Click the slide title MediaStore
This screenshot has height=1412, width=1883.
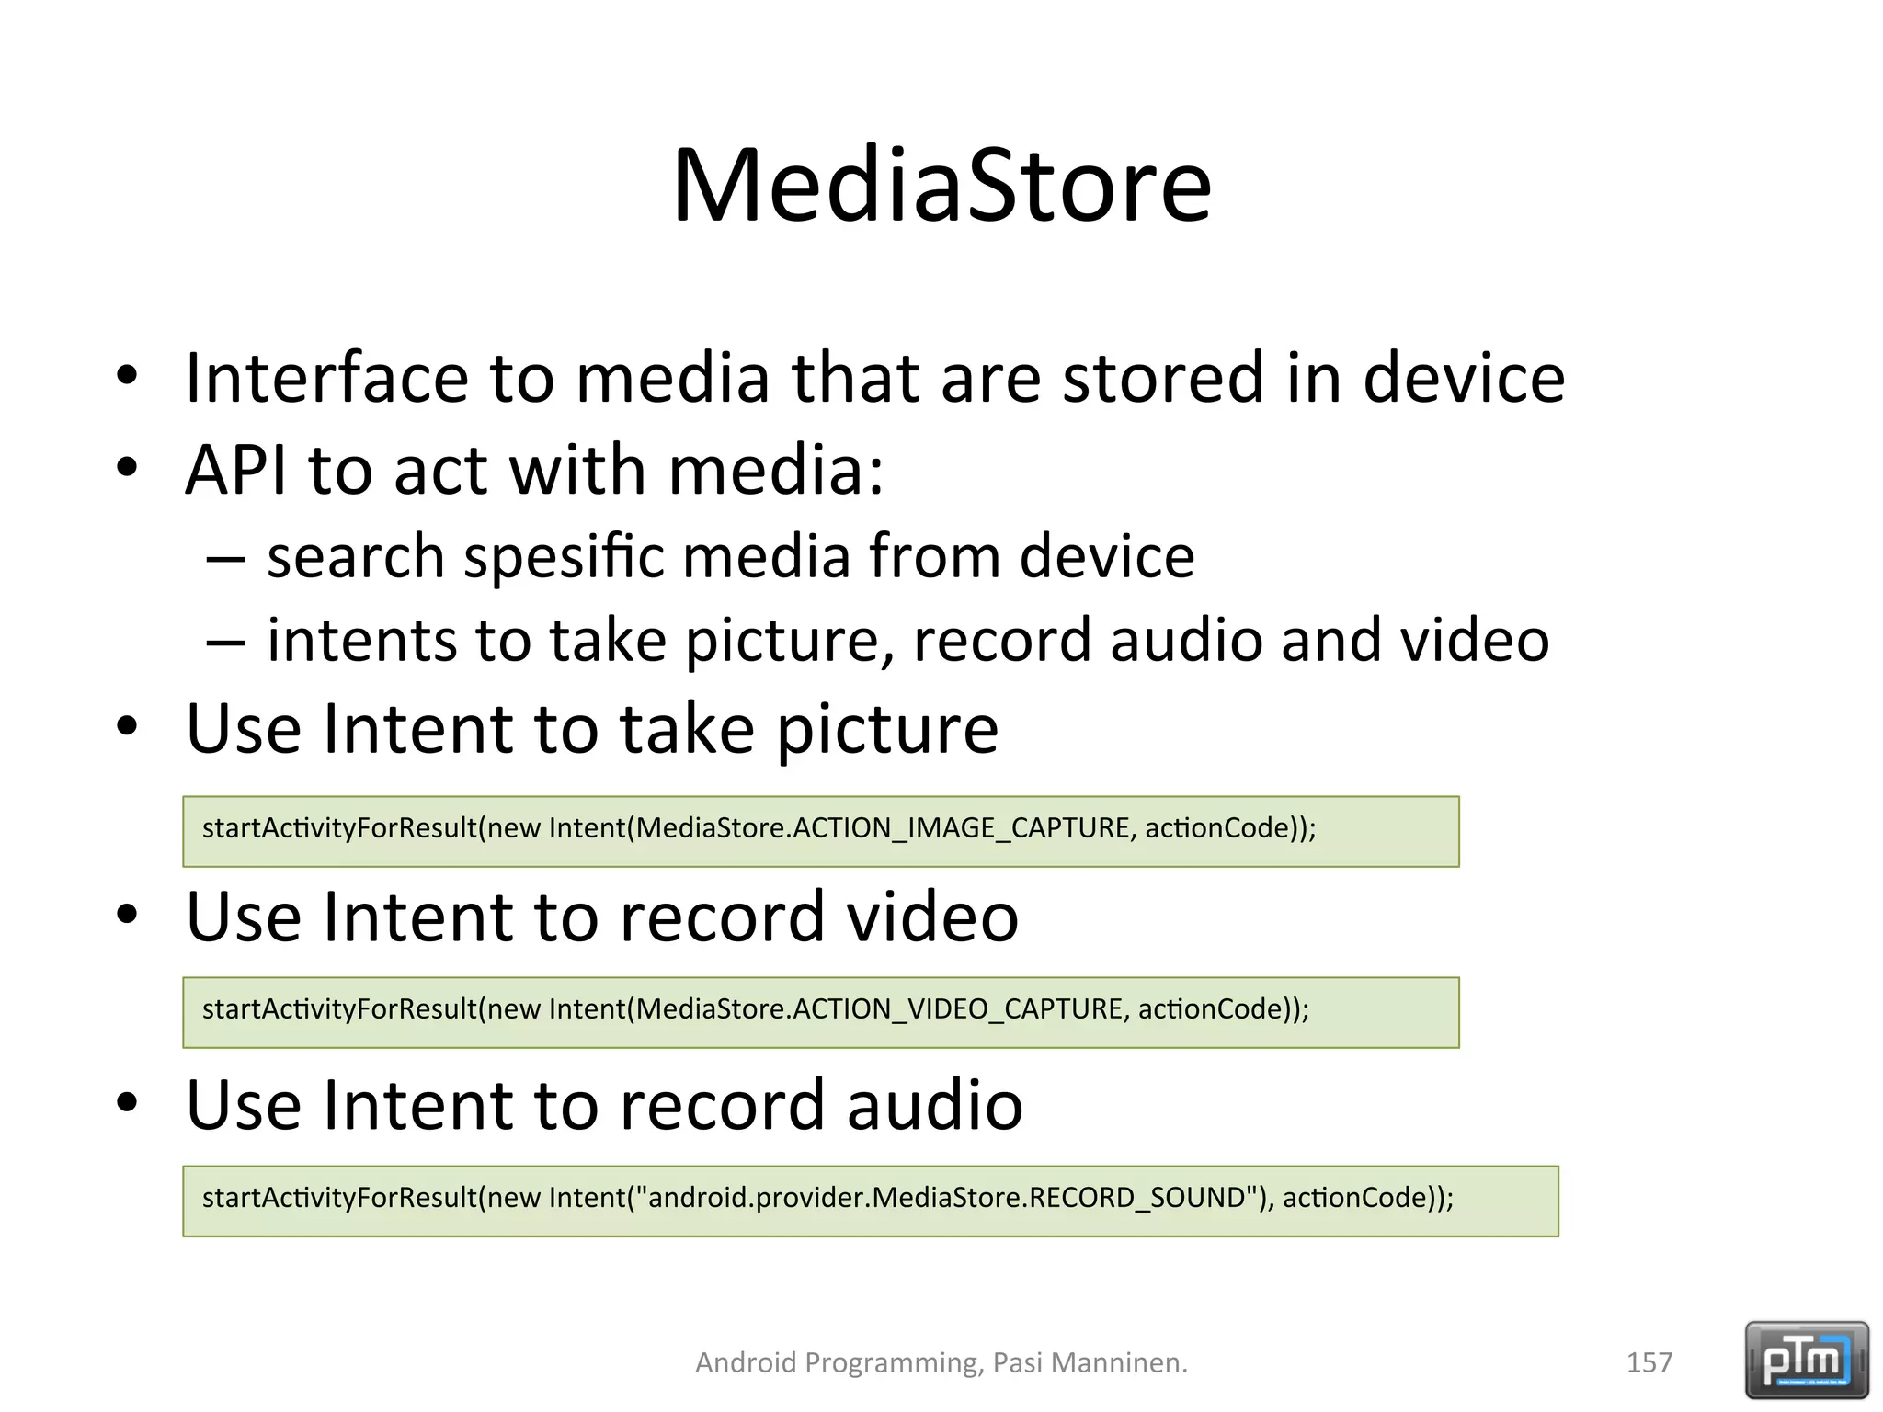941,186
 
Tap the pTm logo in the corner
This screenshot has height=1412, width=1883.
1806,1360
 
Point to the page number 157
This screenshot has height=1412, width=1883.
1649,1362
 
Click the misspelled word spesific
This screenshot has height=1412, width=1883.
564,557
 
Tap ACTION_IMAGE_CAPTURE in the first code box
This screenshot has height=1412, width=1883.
961,828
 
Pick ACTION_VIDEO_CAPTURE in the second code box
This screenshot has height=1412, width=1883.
957,1009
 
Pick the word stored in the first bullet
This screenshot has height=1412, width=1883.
1163,378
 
